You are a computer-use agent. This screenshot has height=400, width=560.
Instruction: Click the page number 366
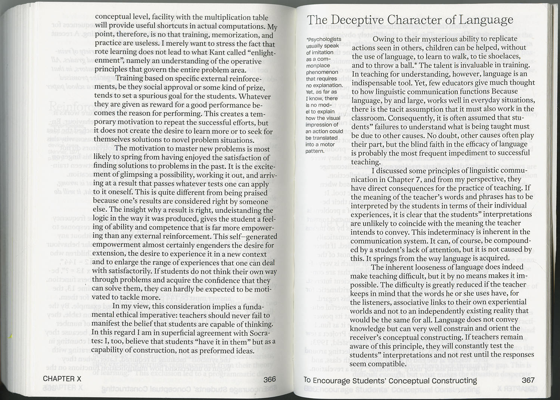pyautogui.click(x=269, y=379)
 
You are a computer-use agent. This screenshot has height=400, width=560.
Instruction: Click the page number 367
pyautogui.click(x=528, y=380)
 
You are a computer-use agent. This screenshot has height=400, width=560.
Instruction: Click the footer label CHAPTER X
pyautogui.click(x=62, y=379)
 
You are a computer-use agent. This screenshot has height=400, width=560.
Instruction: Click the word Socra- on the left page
pyautogui.click(x=258, y=333)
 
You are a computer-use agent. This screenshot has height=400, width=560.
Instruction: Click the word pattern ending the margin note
pyautogui.click(x=315, y=151)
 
